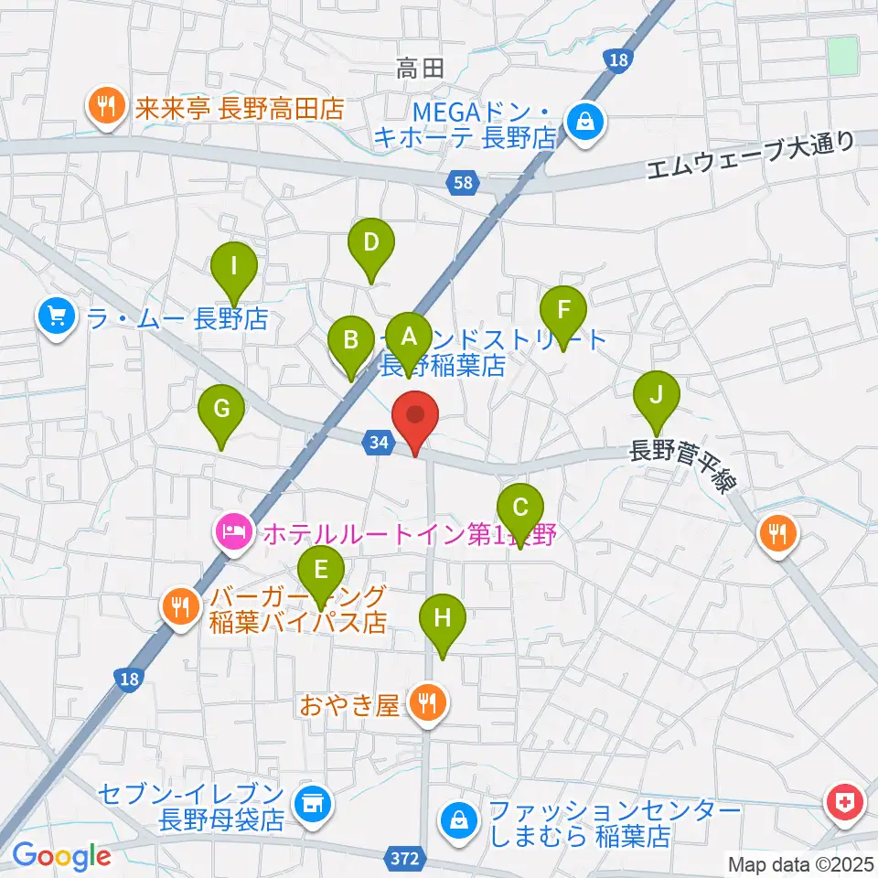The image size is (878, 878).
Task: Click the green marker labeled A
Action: pyautogui.click(x=408, y=337)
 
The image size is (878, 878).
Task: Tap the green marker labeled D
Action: pyautogui.click(x=370, y=244)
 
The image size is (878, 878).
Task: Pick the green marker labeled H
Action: pyautogui.click(x=443, y=619)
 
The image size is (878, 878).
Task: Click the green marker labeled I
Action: pyautogui.click(x=234, y=269)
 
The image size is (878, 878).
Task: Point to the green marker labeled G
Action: pyautogui.click(x=220, y=411)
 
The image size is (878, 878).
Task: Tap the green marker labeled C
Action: pyautogui.click(x=520, y=509)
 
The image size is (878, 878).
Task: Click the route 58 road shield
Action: pyautogui.click(x=464, y=184)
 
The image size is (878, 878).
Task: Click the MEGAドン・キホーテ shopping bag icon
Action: pyautogui.click(x=582, y=121)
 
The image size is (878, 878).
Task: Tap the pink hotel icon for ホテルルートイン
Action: pyautogui.click(x=231, y=531)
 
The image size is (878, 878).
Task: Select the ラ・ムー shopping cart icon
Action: pyautogui.click(x=57, y=317)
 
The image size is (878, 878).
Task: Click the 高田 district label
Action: pyautogui.click(x=421, y=67)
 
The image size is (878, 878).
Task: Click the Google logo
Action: pyautogui.click(x=61, y=855)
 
